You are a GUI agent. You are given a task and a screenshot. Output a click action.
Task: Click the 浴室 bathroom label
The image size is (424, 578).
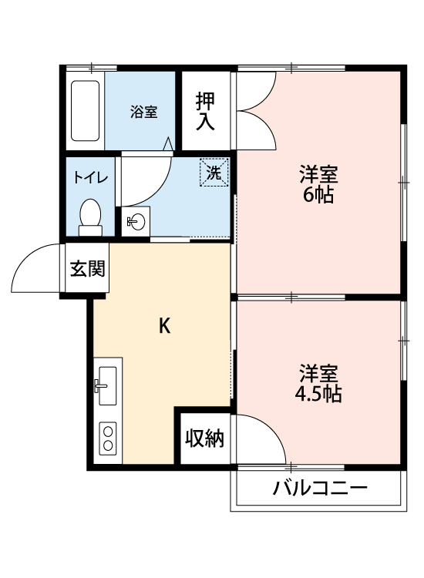pos(143,112)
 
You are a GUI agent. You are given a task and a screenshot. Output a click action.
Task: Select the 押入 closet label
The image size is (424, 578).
pos(205,111)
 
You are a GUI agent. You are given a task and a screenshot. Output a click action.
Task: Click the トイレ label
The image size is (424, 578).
pos(90,176)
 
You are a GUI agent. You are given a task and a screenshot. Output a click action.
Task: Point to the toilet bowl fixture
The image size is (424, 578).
pos(91,215)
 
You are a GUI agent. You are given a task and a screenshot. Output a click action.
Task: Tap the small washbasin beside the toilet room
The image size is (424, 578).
pos(136,222)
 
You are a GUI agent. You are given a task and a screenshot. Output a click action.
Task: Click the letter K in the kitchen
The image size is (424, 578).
pos(164,325)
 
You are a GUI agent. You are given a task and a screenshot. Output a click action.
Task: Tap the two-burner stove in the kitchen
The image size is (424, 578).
pos(107,438)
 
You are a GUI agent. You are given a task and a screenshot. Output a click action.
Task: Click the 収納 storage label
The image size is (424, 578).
pos(205,439)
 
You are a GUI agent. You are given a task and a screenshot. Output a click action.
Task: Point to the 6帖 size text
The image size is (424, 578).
pos(318,196)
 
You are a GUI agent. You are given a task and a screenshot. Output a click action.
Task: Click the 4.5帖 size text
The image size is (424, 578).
pos(318,395)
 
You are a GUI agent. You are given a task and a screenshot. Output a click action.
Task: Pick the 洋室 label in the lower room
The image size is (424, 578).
pos(318,375)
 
